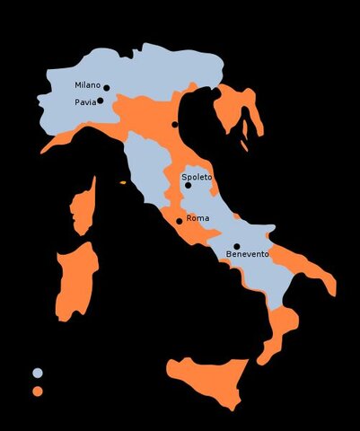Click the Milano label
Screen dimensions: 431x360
click(x=88, y=85)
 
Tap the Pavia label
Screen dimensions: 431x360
click(x=85, y=101)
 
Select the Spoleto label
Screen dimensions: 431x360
click(x=197, y=177)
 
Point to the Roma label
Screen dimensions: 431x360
click(x=198, y=218)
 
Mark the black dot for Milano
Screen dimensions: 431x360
click(x=106, y=88)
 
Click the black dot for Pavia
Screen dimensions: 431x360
click(x=101, y=101)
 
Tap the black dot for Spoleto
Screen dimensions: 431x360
click(x=189, y=186)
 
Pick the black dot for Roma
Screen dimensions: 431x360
click(x=180, y=221)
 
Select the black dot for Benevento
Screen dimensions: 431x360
click(x=237, y=246)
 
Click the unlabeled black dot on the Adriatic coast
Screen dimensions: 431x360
click(x=175, y=124)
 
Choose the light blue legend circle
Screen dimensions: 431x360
click(x=38, y=373)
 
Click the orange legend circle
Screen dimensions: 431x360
click(x=38, y=391)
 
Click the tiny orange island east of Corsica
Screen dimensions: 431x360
click(x=123, y=183)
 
